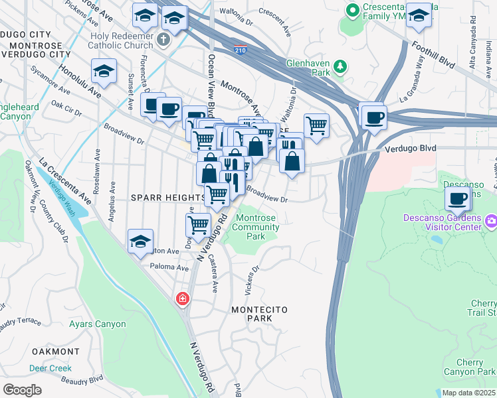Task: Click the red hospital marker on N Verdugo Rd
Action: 181,300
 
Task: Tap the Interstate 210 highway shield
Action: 240,49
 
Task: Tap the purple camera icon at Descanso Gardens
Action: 491,220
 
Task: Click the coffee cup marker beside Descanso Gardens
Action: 458,198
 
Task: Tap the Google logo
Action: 22,390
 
